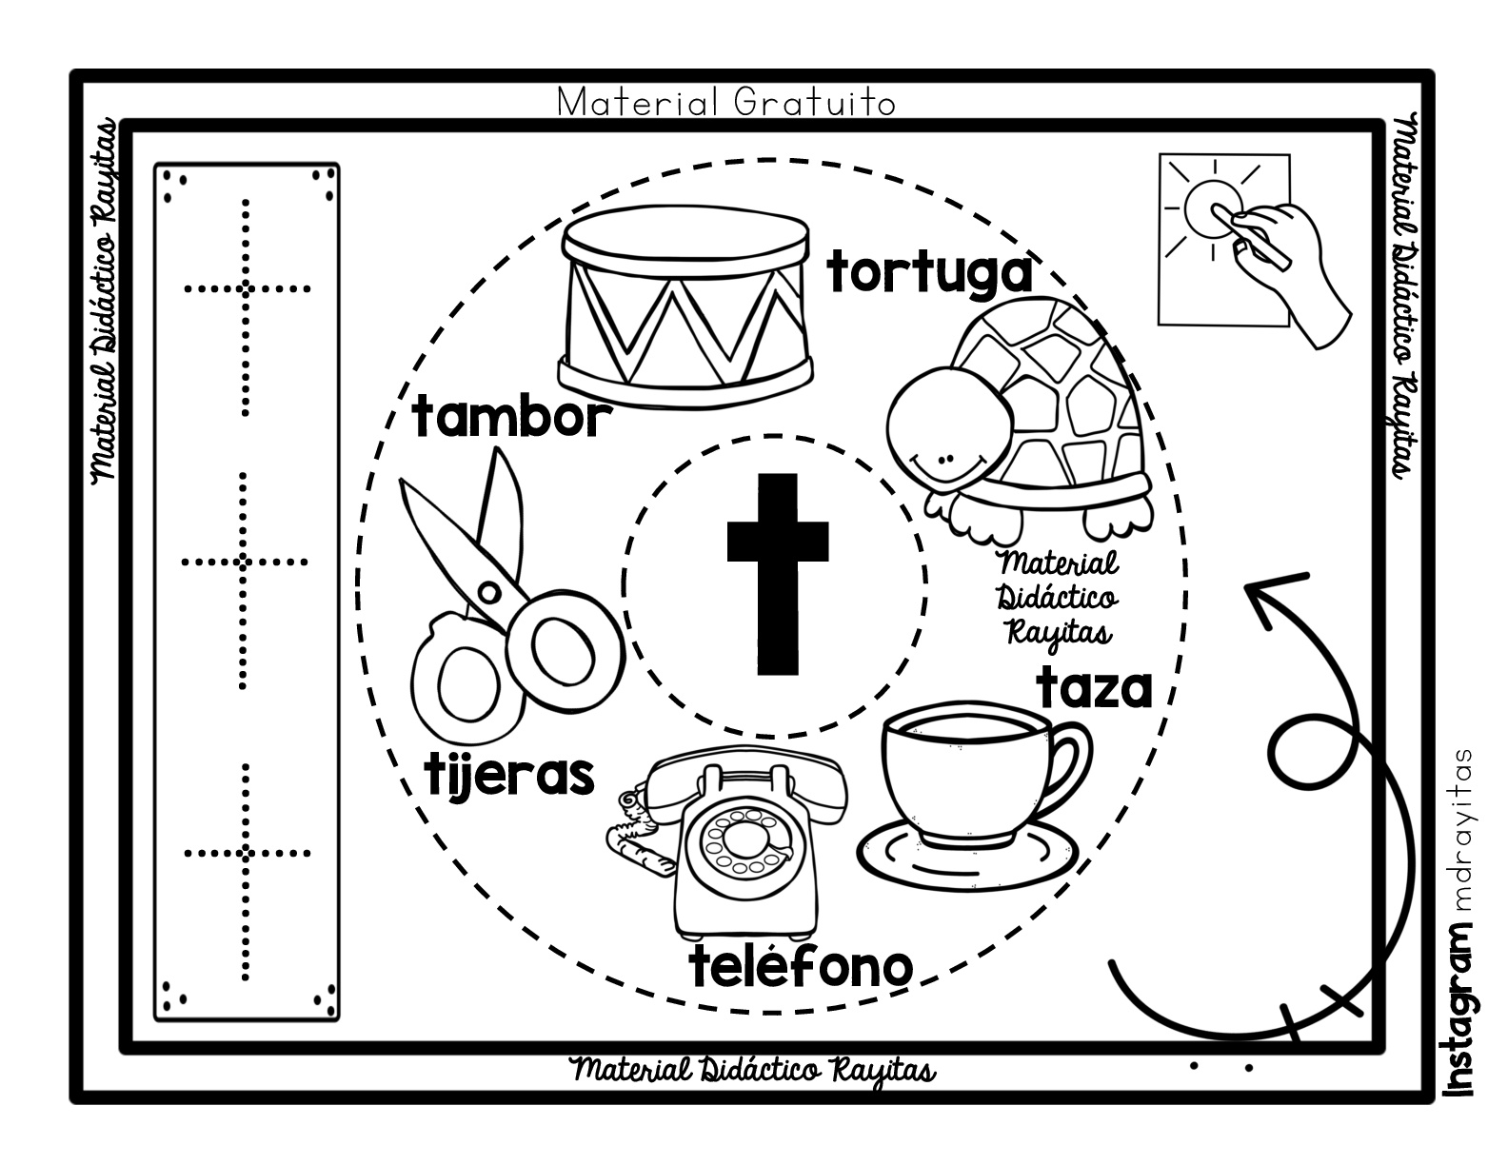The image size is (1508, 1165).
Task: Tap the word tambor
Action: click(509, 419)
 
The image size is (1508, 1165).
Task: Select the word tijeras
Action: click(509, 776)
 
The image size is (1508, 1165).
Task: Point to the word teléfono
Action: click(801, 968)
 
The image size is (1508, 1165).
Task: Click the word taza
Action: click(1095, 687)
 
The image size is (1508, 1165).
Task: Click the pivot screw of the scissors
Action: click(489, 593)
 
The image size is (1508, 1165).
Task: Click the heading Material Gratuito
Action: click(725, 102)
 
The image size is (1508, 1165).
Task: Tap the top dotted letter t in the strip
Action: click(246, 305)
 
